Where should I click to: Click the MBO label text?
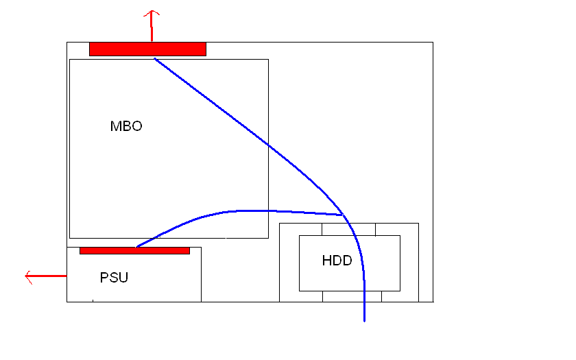tap(126, 127)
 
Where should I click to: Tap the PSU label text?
tap(114, 278)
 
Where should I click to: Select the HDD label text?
tap(336, 261)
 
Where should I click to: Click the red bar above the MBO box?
tap(147, 49)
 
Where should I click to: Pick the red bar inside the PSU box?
tap(134, 250)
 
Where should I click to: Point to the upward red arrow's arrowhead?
tap(152, 12)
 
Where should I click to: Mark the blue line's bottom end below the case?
tap(364, 320)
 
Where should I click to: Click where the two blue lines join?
tap(343, 215)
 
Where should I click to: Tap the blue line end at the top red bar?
tap(155, 58)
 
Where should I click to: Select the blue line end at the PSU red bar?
tap(136, 246)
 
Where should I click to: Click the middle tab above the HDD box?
tap(348, 229)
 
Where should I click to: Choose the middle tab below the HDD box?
tap(352, 296)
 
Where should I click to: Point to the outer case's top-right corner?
tap(433, 43)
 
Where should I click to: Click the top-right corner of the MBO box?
tap(268, 59)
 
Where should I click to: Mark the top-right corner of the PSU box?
tap(201, 248)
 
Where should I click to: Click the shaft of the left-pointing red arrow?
tap(48, 276)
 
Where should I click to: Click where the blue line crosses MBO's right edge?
tap(268, 145)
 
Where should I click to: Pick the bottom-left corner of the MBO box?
tap(70, 238)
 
